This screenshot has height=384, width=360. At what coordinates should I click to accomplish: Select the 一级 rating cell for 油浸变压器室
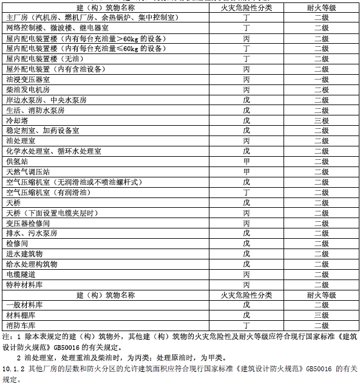pyautogui.click(x=321, y=79)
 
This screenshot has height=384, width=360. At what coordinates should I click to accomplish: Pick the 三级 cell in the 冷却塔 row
pyautogui.click(x=321, y=120)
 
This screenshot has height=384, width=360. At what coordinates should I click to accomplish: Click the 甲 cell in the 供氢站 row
pyautogui.click(x=246, y=162)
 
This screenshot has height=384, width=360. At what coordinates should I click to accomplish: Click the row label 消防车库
pyautogui.click(x=21, y=326)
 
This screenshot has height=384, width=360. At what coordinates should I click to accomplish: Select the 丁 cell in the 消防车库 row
pyautogui.click(x=246, y=326)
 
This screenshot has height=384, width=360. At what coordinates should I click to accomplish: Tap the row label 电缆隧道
pyautogui.click(x=21, y=274)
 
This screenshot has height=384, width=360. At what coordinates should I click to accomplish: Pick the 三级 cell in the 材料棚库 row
pyautogui.click(x=321, y=315)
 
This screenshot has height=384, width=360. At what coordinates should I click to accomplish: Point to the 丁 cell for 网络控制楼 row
pyautogui.click(x=246, y=28)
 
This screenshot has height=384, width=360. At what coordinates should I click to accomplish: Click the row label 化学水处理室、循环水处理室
pyautogui.click(x=54, y=151)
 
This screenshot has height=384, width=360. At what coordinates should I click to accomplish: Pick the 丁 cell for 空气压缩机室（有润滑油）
pyautogui.click(x=246, y=192)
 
